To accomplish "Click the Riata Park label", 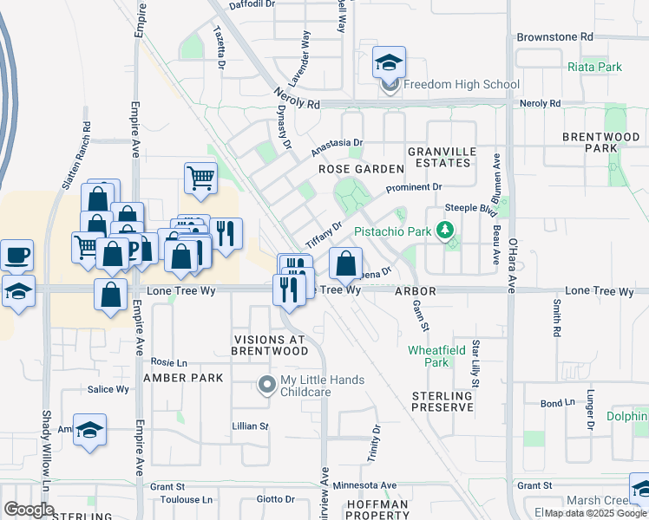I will [594, 67].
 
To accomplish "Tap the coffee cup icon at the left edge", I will [17, 256].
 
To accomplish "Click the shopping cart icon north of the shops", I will [200, 178].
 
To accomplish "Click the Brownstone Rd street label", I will [554, 37].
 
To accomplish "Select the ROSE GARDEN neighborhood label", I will [361, 169].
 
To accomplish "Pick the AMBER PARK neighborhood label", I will [183, 378].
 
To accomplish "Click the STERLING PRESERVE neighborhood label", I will [442, 401].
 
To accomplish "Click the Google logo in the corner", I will [29, 510].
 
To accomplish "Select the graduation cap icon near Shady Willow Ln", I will [90, 431].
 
